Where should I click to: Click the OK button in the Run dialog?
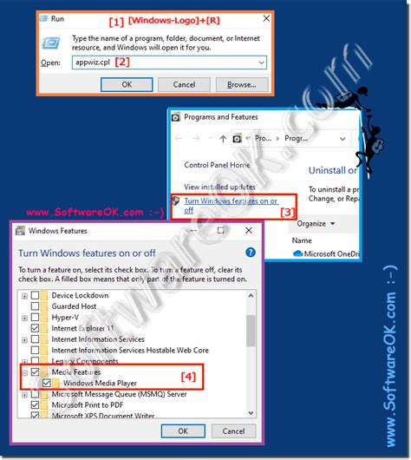[127, 84]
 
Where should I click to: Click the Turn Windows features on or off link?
[231, 200]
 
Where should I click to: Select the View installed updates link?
[219, 187]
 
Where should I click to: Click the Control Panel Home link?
[217, 165]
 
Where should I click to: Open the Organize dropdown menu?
[314, 222]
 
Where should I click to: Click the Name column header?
[302, 240]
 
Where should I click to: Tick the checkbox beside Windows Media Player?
[47, 383]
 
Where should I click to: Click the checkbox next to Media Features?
[36, 371]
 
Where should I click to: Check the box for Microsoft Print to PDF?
[36, 404]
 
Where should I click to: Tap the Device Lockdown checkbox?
[36, 294]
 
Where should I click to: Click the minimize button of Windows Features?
[195, 231]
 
